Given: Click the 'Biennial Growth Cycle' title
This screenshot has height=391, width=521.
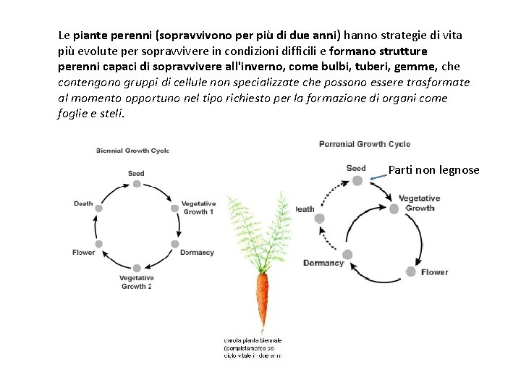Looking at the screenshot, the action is pyautogui.click(x=132, y=151).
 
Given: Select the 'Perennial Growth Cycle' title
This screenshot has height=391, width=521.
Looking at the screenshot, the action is pyautogui.click(x=364, y=144).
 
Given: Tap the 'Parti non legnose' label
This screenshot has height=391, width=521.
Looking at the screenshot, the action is pyautogui.click(x=433, y=170).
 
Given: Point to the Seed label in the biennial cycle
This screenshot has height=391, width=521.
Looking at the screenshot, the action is pyautogui.click(x=136, y=174).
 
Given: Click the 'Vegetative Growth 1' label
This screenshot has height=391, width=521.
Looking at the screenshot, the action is pyautogui.click(x=198, y=208).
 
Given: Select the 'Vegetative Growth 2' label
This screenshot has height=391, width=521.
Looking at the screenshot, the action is pyautogui.click(x=136, y=282).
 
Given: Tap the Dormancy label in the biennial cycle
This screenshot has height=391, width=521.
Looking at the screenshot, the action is pyautogui.click(x=197, y=253).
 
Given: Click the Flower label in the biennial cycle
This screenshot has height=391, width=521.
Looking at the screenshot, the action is pyautogui.click(x=83, y=253).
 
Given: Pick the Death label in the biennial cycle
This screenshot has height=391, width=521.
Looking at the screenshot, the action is pyautogui.click(x=83, y=203).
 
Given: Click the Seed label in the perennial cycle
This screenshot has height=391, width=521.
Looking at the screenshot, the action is pyautogui.click(x=356, y=168).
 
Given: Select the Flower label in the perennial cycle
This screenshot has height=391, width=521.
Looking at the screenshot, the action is pyautogui.click(x=435, y=272).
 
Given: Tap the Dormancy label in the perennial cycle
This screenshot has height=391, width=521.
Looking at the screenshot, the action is pyautogui.click(x=323, y=263).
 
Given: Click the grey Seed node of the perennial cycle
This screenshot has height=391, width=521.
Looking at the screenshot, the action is pyautogui.click(x=357, y=180).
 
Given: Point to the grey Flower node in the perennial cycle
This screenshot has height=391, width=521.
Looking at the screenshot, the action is pyautogui.click(x=411, y=272).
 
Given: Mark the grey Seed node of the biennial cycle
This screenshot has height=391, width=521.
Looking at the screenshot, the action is pyautogui.click(x=136, y=184).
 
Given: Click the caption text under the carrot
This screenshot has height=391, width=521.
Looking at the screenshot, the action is pyautogui.click(x=253, y=348).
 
